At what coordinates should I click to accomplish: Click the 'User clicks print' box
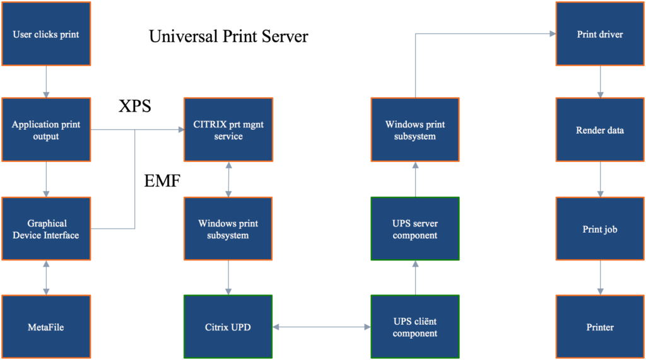click(46, 34)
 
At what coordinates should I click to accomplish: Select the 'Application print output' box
click(46, 130)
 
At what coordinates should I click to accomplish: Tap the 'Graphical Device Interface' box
click(46, 229)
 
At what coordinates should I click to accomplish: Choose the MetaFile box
click(46, 327)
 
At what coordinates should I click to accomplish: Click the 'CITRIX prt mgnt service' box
click(228, 130)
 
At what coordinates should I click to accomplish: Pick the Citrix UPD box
click(228, 327)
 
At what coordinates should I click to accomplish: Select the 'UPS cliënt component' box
click(415, 327)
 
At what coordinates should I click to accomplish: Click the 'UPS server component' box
click(415, 229)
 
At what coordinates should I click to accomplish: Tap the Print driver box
click(600, 34)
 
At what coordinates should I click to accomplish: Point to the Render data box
click(600, 130)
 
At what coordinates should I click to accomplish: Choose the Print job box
click(600, 229)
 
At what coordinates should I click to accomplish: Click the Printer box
click(600, 327)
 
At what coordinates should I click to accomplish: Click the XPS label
click(135, 107)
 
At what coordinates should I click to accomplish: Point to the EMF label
click(162, 181)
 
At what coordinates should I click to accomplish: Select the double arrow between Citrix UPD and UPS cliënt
click(322, 327)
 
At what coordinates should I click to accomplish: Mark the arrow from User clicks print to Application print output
click(46, 81)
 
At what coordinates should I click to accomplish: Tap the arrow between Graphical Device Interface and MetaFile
click(46, 277)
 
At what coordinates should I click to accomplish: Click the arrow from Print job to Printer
click(601, 277)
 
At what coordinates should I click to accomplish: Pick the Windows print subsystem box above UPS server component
click(415, 130)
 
